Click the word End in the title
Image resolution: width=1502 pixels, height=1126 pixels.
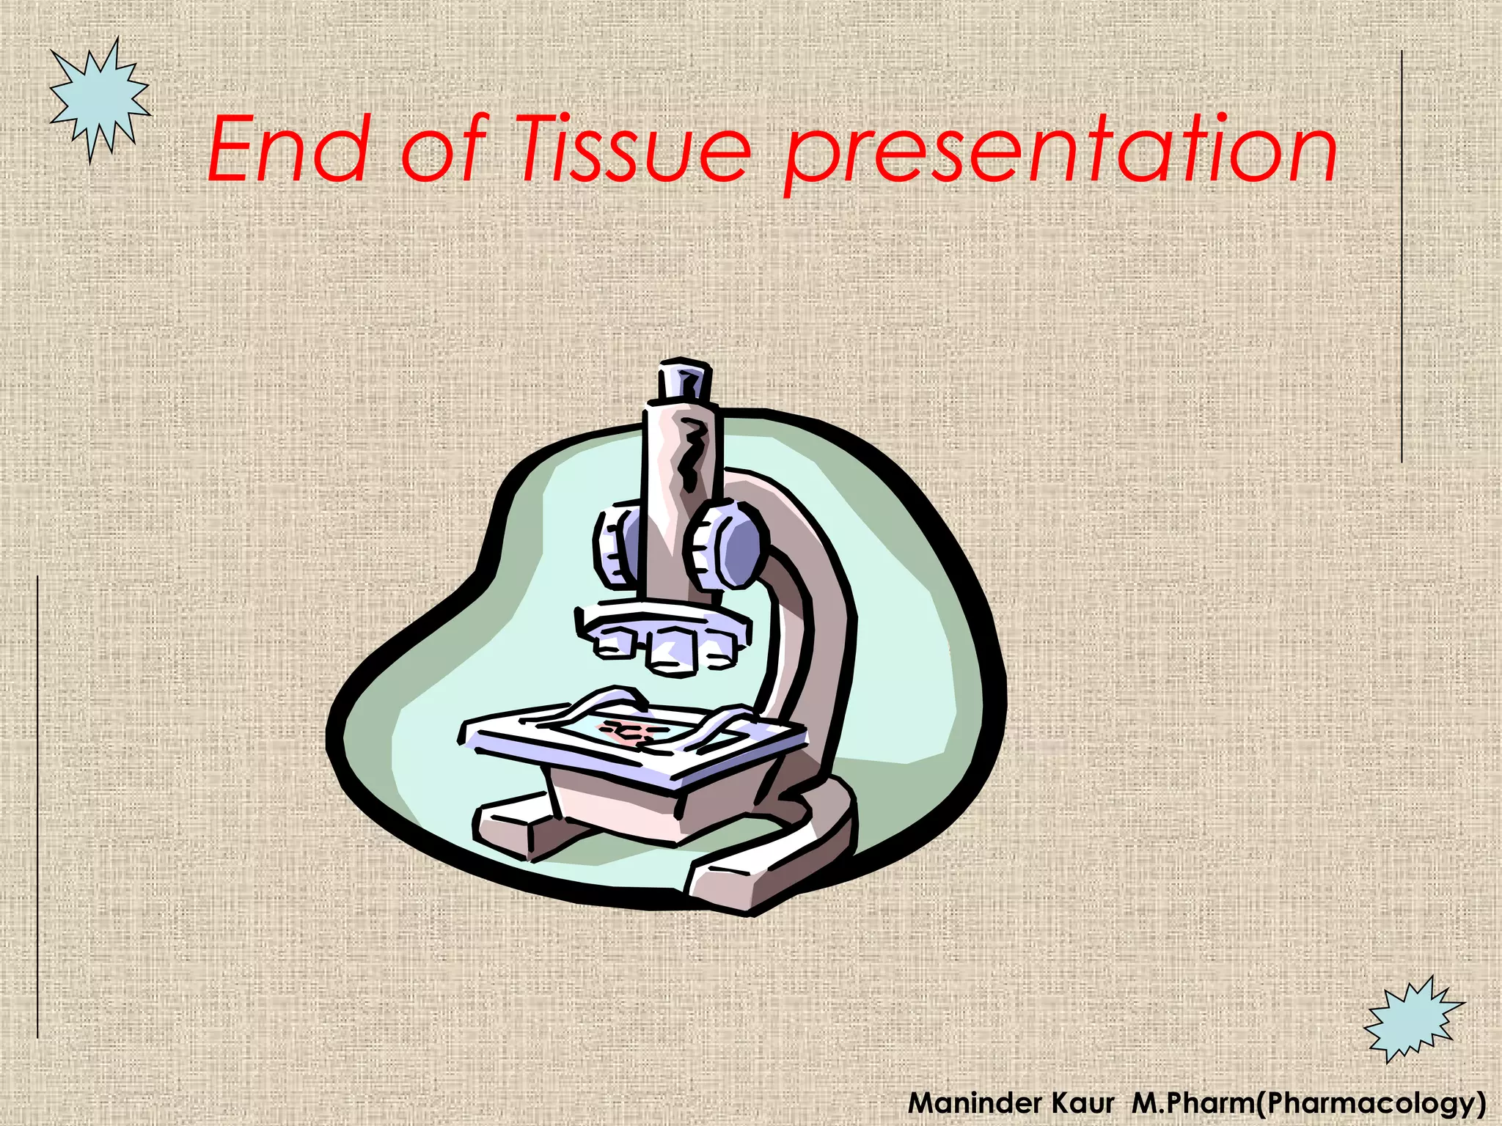tap(286, 150)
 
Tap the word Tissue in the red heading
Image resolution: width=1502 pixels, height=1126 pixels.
tap(635, 150)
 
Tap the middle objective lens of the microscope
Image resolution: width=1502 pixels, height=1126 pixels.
tap(671, 648)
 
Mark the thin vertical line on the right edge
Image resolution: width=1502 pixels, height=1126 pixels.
tap(1402, 257)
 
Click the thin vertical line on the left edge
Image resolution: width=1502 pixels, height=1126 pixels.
tap(37, 806)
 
